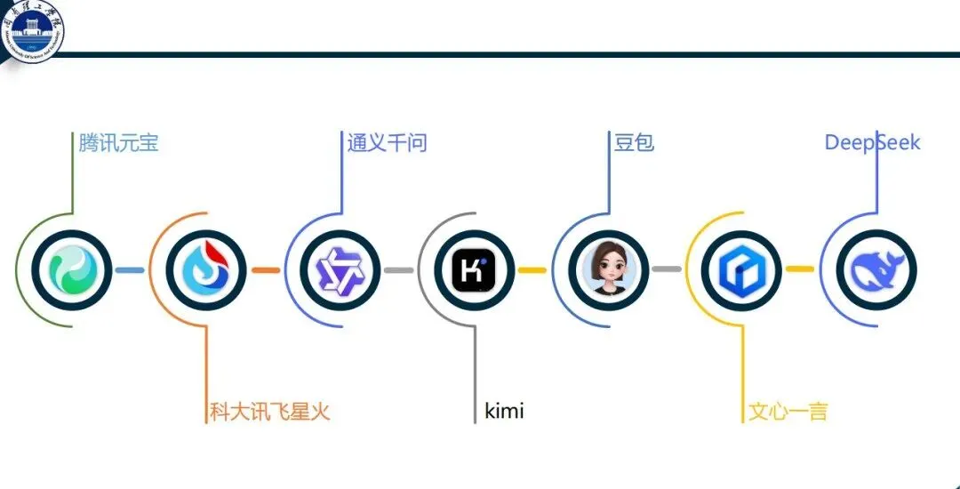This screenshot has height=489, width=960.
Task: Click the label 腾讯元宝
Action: coord(118,142)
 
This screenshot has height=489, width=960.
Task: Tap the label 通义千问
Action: coord(387,142)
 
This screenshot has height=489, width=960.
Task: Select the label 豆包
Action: coord(634,142)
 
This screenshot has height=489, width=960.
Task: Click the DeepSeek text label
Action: coord(872,142)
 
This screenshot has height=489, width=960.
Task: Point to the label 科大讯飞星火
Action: coord(269,412)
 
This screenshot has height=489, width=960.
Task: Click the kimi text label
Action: coord(504,412)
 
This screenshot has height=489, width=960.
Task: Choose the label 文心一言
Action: coord(788,412)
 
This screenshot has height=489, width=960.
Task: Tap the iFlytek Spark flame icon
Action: coord(205,269)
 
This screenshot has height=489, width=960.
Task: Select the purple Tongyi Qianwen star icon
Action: coord(340,269)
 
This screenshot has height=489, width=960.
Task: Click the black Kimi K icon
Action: coord(474,269)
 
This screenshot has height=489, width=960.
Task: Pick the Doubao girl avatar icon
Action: coord(609,269)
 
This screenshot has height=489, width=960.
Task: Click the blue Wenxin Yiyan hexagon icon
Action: coord(740,269)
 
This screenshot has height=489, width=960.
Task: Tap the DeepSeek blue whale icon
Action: coord(876,269)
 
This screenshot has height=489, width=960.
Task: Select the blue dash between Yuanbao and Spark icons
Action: coord(130,269)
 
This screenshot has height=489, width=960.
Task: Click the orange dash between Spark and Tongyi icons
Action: coord(265,269)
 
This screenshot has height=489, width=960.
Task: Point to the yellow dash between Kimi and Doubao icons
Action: coord(532,269)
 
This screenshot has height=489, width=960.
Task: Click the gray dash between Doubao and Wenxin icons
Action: coord(666,269)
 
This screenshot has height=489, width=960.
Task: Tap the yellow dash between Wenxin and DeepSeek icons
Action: coord(799,269)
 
